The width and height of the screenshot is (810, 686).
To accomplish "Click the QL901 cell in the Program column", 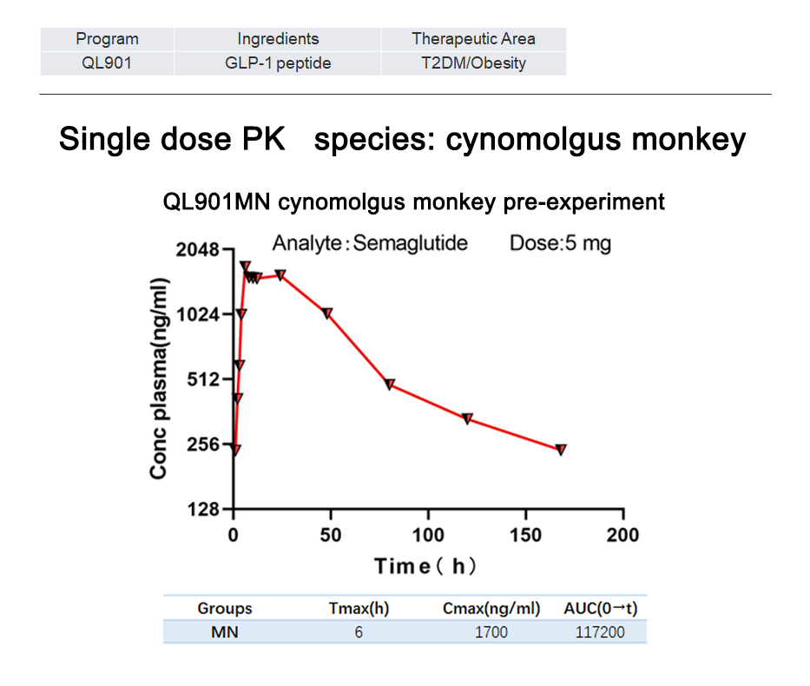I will click(107, 63).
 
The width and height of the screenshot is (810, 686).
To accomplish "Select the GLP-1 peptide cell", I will click(278, 63).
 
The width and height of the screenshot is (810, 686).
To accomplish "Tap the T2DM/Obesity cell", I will click(473, 63).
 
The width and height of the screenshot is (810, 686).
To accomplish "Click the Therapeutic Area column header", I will click(473, 38).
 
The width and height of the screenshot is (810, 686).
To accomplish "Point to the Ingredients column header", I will click(278, 38).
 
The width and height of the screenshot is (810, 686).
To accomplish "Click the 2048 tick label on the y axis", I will click(196, 250).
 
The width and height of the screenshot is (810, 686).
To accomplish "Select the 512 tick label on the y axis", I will click(202, 379).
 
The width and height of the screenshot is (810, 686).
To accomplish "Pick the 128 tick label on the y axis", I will click(202, 509).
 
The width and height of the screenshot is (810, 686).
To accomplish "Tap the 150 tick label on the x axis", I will click(525, 534).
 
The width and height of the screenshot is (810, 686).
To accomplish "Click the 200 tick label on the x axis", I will click(622, 534).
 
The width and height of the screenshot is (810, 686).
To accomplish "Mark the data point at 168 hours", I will click(561, 450).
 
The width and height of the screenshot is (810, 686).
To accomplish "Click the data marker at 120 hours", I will click(467, 419).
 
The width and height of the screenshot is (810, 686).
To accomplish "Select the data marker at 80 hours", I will click(390, 384).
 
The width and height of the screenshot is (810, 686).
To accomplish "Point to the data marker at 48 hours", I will click(327, 313).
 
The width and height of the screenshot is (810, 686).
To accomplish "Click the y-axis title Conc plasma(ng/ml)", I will click(158, 379).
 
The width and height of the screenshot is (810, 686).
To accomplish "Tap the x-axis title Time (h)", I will click(425, 566).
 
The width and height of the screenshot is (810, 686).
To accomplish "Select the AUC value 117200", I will click(600, 631).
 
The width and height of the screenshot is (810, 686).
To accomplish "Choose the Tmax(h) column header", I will click(359, 608).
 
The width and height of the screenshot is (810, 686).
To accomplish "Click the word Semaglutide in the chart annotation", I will click(411, 242).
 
